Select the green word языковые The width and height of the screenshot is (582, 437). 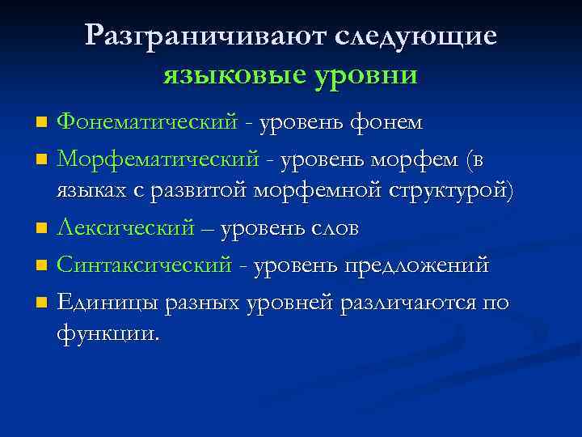[x=234, y=76]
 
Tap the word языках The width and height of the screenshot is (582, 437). [x=90, y=192]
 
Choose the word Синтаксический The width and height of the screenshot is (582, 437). [x=144, y=266]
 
